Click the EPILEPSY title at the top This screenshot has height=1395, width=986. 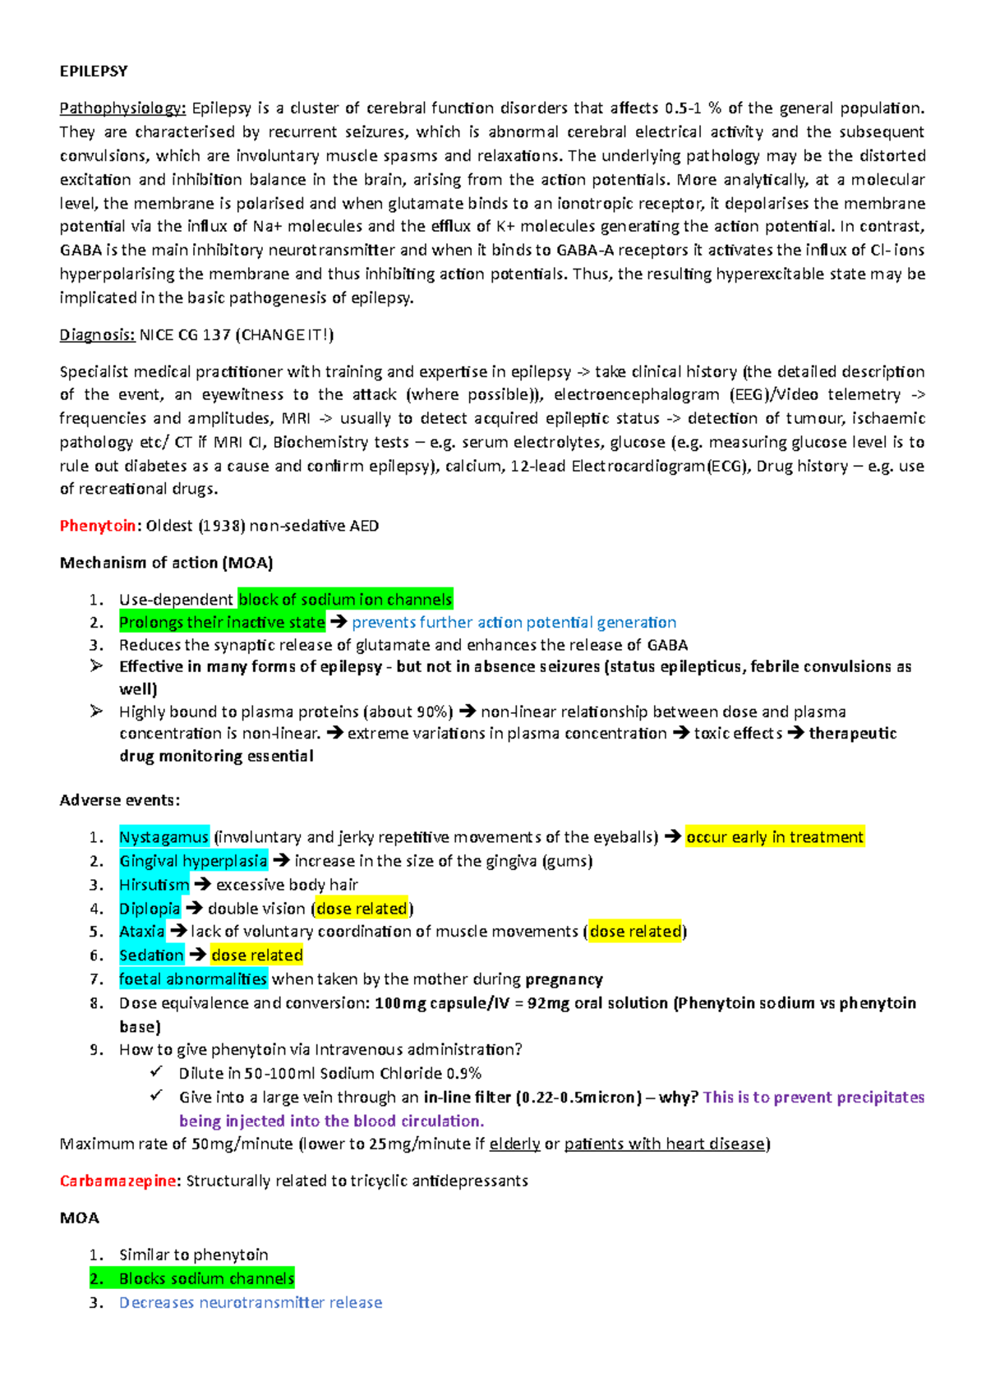93,71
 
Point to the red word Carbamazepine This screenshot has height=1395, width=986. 117,1181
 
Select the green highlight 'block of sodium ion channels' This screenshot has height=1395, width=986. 345,600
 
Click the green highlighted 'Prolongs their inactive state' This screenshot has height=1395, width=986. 222,623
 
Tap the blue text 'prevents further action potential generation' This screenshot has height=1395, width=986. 514,623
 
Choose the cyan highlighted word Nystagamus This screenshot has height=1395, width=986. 164,837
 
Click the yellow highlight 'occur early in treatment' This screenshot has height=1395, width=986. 774,837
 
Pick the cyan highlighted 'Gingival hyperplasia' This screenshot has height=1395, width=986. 193,861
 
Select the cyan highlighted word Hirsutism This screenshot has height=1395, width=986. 154,885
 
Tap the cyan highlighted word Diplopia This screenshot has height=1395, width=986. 150,909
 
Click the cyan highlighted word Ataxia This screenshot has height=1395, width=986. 141,932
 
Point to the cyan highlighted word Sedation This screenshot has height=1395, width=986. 151,955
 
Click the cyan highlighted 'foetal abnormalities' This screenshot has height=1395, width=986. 193,979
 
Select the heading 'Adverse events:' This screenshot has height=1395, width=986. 119,800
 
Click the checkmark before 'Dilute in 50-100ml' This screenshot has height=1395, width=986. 156,1072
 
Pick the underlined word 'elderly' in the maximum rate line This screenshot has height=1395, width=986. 514,1144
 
